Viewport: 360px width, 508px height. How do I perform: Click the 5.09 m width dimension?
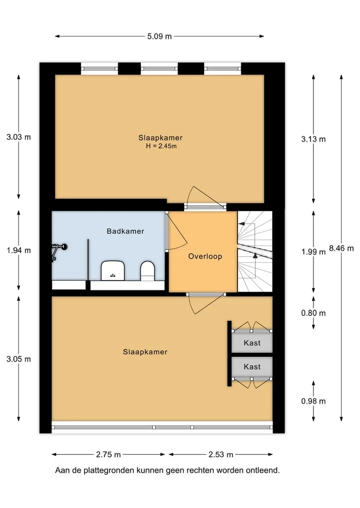pos(159,36)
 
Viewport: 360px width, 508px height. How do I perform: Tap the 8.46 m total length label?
pos(341,248)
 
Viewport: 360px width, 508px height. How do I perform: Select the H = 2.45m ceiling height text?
pos(161,146)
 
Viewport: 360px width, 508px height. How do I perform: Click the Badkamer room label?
pos(125,231)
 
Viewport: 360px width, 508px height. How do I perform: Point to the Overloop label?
pos(205,256)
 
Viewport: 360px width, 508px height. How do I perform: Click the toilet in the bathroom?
pos(147,271)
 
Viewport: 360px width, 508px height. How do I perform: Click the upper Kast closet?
pos(252,343)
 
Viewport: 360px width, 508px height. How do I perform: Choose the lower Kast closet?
pos(252,367)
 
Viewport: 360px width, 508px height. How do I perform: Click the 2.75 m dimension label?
pos(108,455)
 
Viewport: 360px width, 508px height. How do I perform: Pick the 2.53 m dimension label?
pos(221,455)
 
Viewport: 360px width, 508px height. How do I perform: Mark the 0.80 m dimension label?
pos(313,313)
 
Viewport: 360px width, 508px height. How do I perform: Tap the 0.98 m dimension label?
pos(313,401)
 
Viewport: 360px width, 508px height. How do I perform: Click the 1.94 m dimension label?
pos(19,250)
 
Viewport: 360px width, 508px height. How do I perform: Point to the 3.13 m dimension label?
pos(313,139)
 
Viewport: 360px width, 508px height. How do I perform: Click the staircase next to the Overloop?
pos(255,251)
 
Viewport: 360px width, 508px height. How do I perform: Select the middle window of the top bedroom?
pos(159,68)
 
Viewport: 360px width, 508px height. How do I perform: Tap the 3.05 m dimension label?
pos(19,359)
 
